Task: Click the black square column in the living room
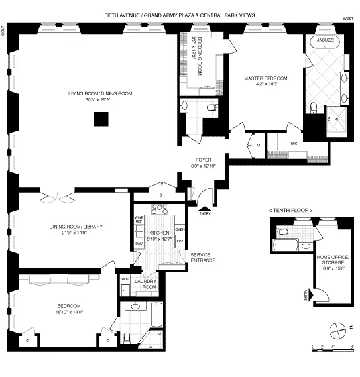pos(101,119)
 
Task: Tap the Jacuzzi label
pos(324,39)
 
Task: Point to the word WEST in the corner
pos(347,20)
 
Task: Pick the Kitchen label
pos(158,233)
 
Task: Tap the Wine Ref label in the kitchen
pos(139,219)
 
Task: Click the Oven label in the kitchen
pos(179,229)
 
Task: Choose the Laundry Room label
pos(145,284)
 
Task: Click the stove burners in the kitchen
pos(159,209)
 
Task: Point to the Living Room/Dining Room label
pos(100,97)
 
